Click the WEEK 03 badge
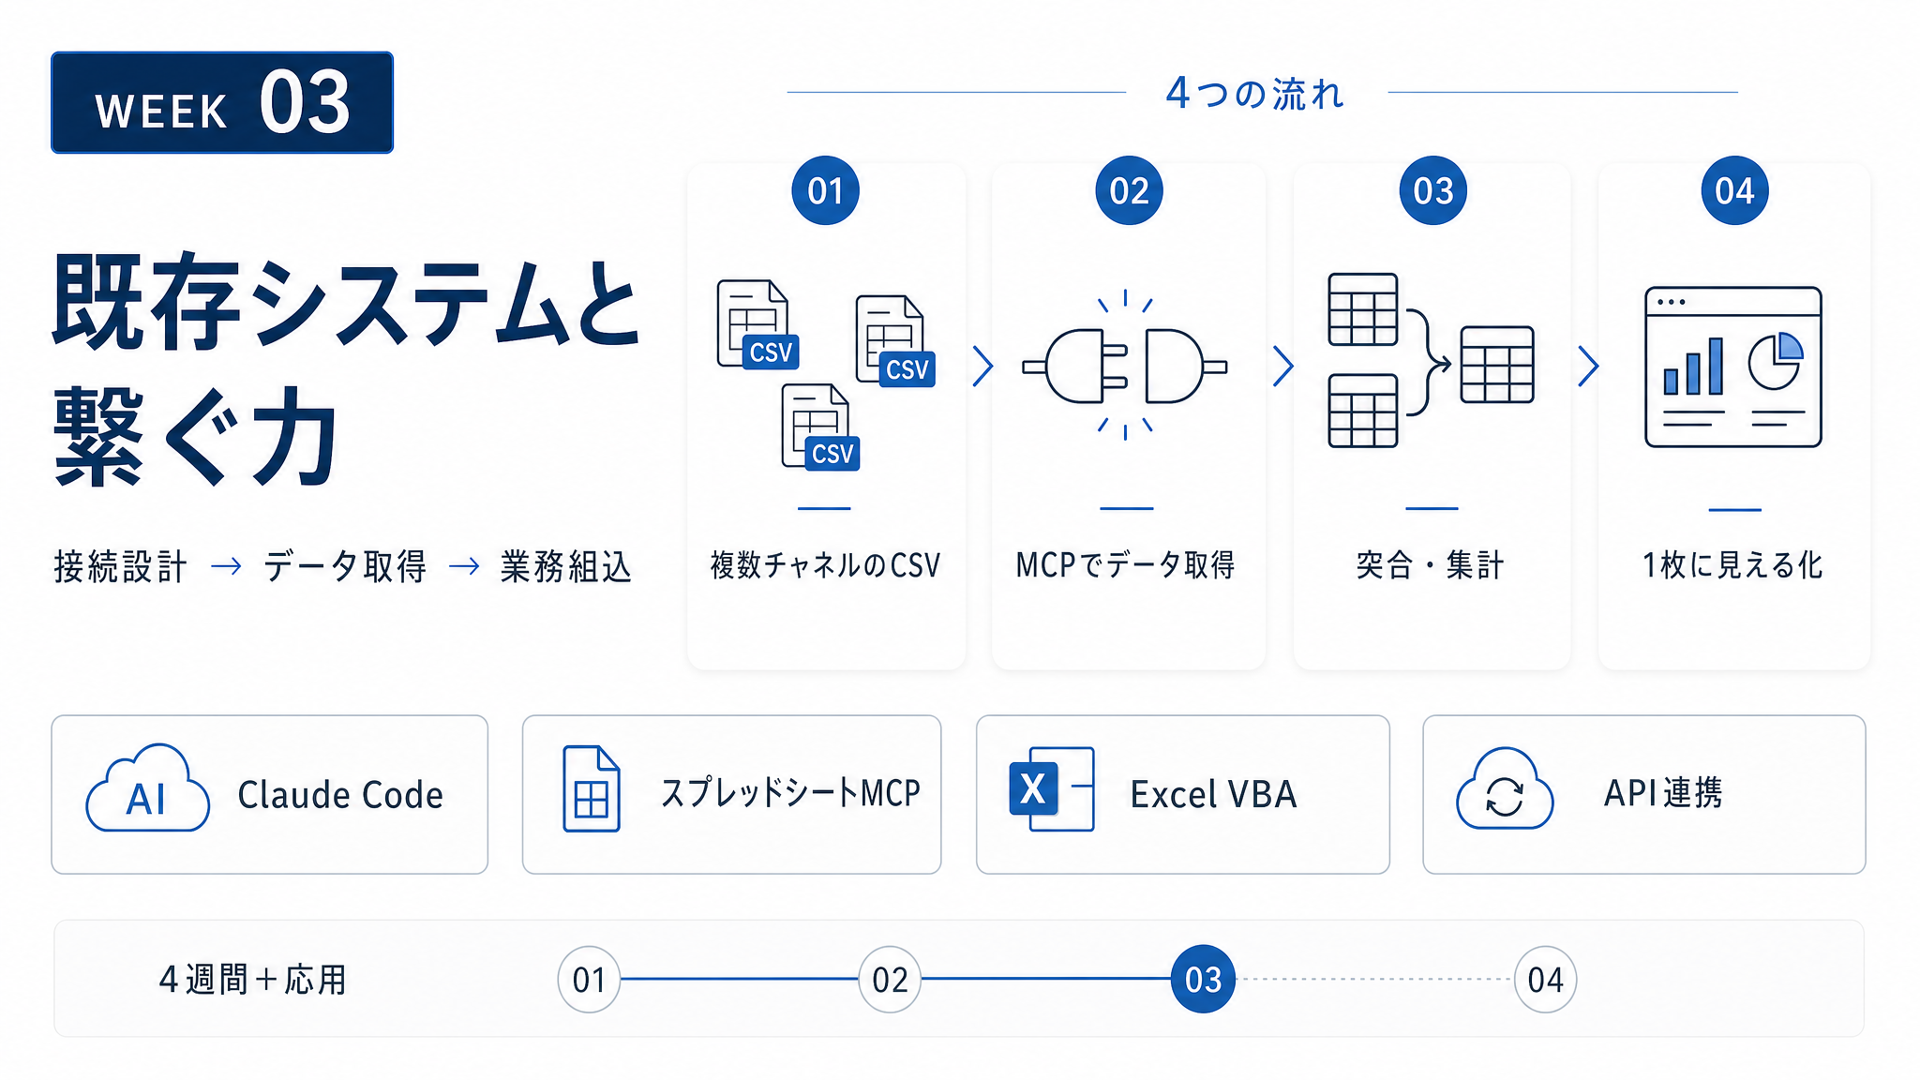click(x=222, y=102)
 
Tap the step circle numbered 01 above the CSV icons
click(x=825, y=190)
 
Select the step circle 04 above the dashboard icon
click(x=1734, y=190)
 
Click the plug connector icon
click(x=1125, y=366)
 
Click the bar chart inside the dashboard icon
click(x=1693, y=367)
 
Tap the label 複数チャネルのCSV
click(x=825, y=565)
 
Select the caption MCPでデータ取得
click(x=1126, y=565)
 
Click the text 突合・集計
click(x=1431, y=565)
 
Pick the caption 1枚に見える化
click(x=1732, y=565)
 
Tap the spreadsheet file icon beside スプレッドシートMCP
click(x=591, y=788)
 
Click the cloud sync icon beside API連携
click(x=1505, y=788)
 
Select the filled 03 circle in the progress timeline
click(x=1203, y=979)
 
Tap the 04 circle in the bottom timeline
click(x=1545, y=979)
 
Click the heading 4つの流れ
click(x=1255, y=94)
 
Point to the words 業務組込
click(x=566, y=566)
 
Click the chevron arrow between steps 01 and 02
click(x=982, y=367)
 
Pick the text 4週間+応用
click(x=253, y=980)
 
